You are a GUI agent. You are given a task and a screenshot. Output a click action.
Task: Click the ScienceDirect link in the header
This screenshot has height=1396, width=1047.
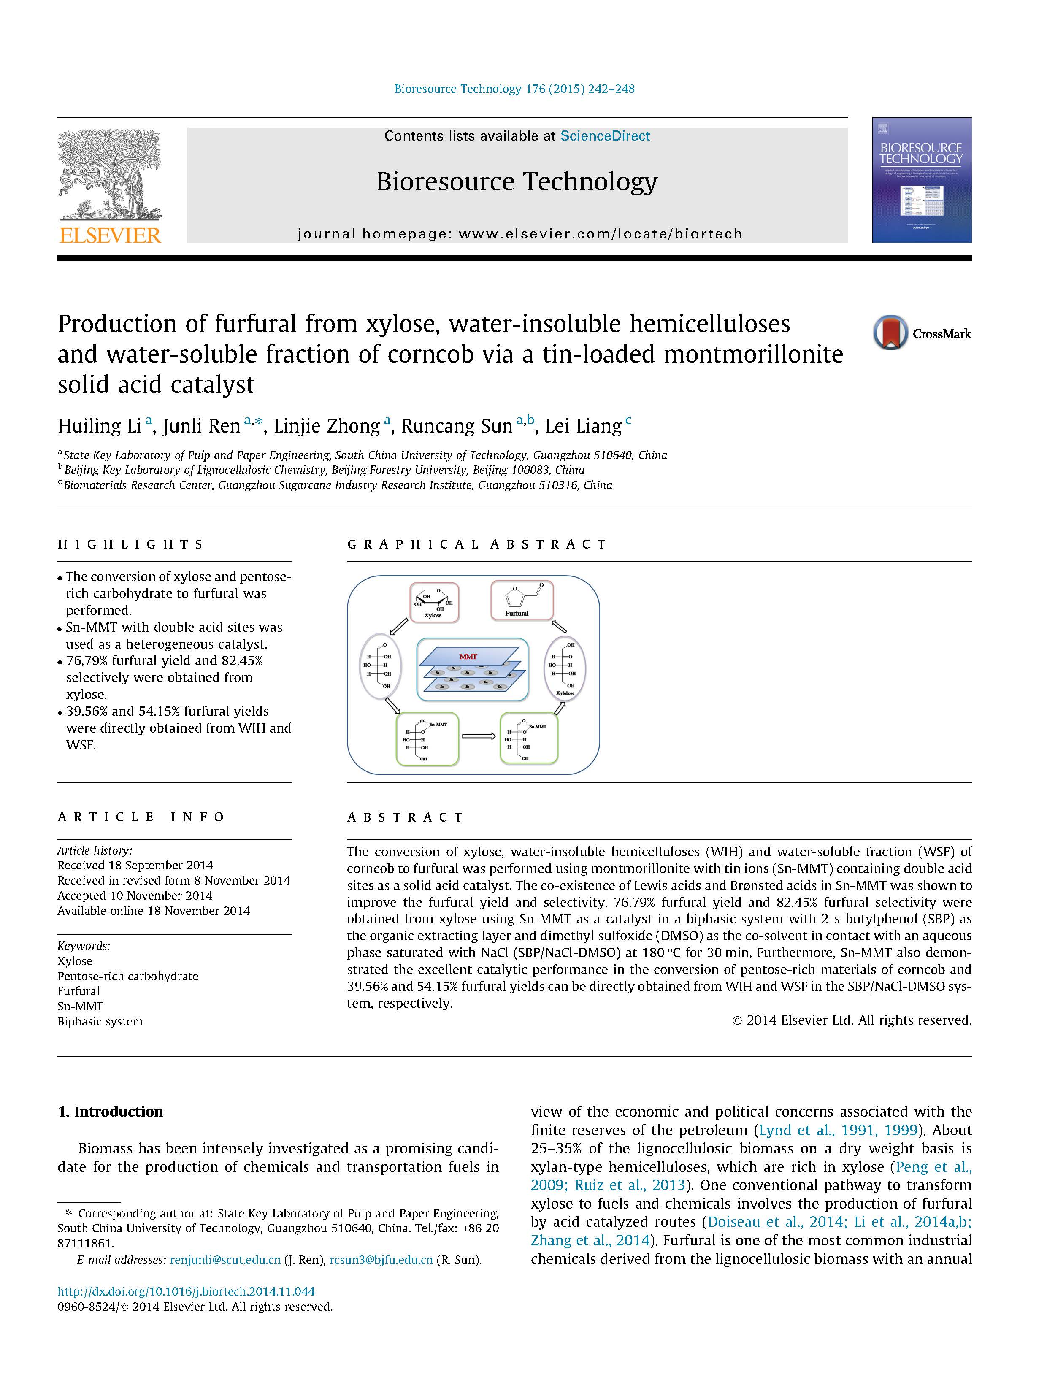[x=605, y=136]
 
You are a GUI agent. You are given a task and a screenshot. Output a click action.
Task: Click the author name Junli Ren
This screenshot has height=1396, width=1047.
[x=201, y=427]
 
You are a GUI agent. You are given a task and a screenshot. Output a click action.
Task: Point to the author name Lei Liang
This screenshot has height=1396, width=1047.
[x=583, y=427]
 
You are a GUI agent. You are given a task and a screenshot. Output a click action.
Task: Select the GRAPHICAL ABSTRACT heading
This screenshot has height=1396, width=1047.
[x=476, y=544]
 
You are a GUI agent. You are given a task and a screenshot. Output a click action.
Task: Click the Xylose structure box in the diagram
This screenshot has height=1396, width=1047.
[x=434, y=603]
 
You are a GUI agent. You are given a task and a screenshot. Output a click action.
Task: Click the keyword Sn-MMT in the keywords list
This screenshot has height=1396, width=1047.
[x=80, y=1006]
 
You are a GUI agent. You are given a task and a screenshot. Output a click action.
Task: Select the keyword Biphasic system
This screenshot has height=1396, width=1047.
[x=100, y=1021]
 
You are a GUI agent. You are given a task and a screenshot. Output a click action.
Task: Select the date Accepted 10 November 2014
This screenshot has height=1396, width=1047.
[x=135, y=895]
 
